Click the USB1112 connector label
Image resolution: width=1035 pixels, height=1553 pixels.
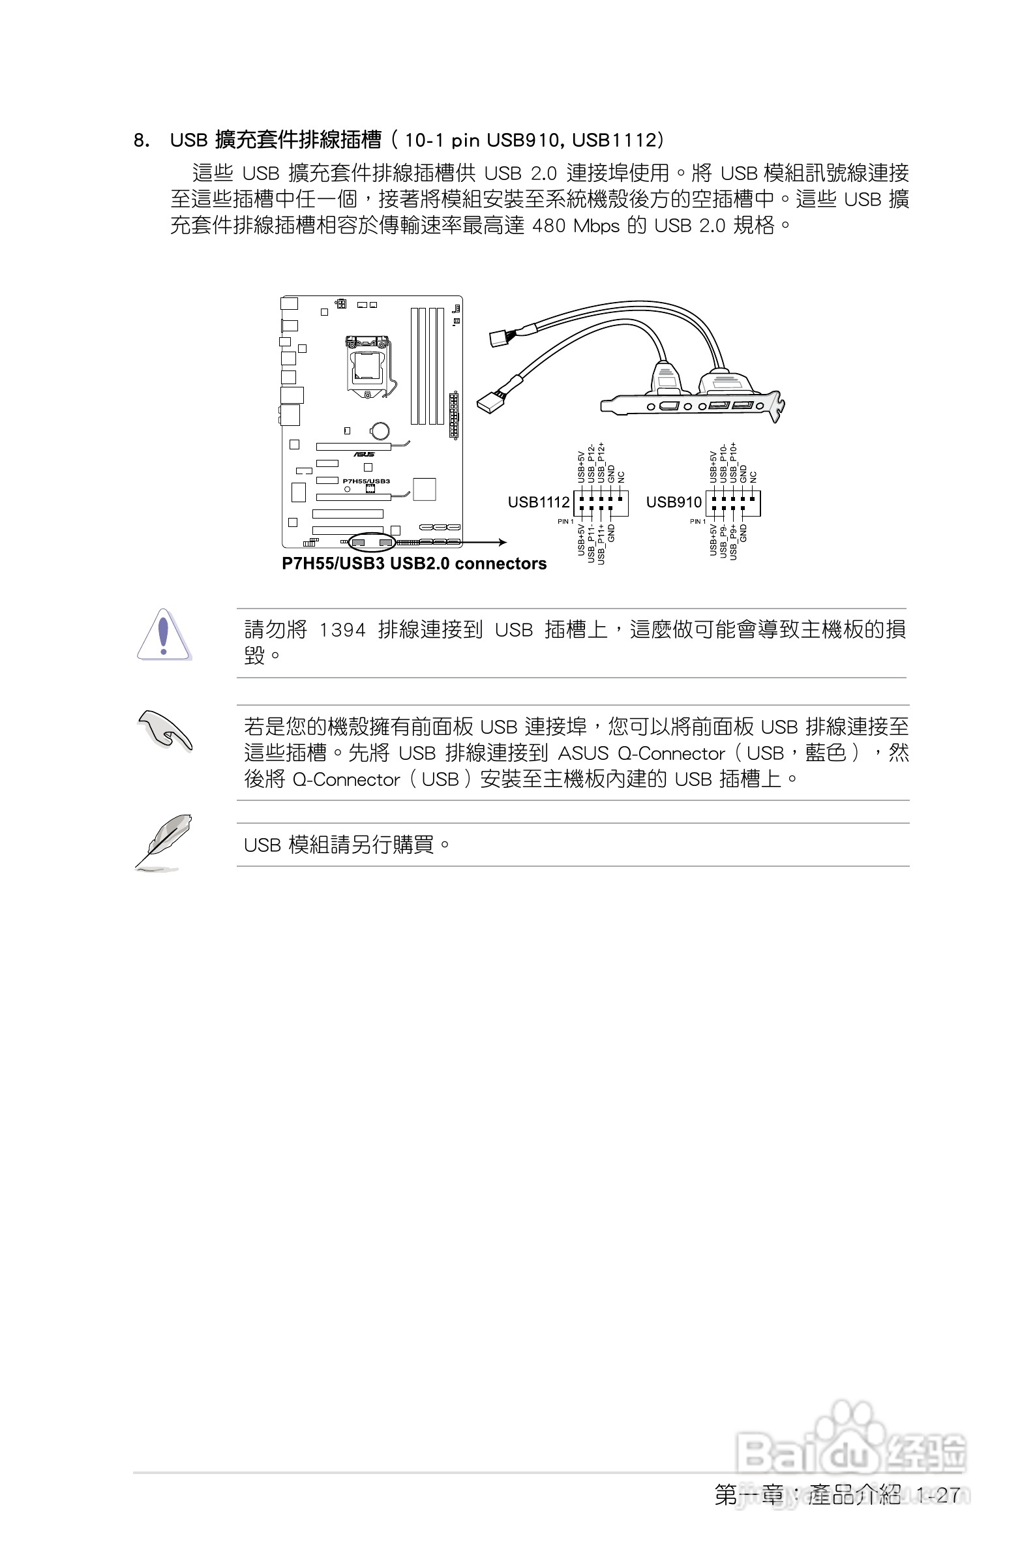coord(538,502)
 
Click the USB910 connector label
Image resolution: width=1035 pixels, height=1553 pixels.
coord(673,502)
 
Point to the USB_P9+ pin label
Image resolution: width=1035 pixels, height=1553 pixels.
coord(732,542)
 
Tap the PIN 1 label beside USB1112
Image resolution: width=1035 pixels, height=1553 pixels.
coord(565,521)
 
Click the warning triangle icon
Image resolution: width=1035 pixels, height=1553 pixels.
coord(164,635)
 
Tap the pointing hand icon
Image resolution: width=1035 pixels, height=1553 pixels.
coord(165,730)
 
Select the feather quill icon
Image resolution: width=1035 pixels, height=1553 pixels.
coord(164,842)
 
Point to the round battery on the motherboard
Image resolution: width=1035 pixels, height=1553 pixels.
coord(380,430)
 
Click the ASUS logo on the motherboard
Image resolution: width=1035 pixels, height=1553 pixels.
coord(364,454)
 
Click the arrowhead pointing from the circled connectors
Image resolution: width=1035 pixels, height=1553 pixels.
coord(503,543)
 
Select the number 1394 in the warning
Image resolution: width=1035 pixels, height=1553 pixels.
coord(342,630)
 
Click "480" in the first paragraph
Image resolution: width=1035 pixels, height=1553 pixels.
coord(548,226)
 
